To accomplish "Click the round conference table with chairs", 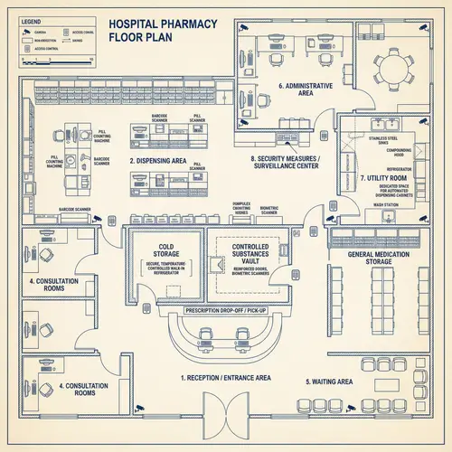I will pos(397,66).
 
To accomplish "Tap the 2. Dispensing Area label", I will pos(157,160).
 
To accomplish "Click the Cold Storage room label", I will pos(165,250).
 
